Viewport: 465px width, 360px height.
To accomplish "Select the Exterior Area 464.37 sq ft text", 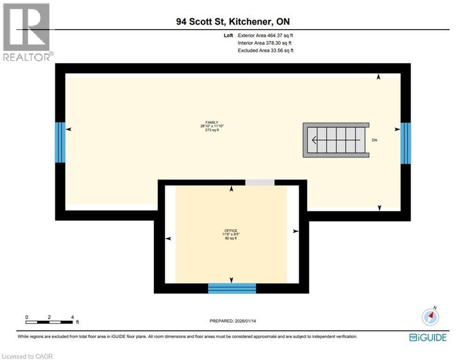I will pyautogui.click(x=266, y=35).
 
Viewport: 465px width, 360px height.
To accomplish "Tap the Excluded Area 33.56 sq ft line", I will pyautogui.click(x=266, y=50).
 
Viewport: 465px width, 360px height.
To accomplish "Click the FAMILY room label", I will pyautogui.click(x=209, y=122).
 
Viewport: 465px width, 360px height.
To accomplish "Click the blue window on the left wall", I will pyautogui.click(x=60, y=142).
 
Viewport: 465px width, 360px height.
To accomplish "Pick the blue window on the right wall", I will pyautogui.click(x=405, y=143).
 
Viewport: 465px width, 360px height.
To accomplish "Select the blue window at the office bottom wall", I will pyautogui.click(x=232, y=288).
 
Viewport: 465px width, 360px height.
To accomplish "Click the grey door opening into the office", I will pyautogui.click(x=260, y=182).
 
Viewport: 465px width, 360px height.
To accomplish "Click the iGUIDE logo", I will pyautogui.click(x=427, y=337).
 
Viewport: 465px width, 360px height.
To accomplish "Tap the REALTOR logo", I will pyautogui.click(x=27, y=32).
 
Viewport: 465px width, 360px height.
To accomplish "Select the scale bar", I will pyautogui.click(x=50, y=322).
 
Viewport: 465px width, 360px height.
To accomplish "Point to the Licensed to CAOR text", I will pyautogui.click(x=28, y=356).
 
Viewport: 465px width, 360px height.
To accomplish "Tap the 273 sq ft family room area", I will pyautogui.click(x=209, y=130).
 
